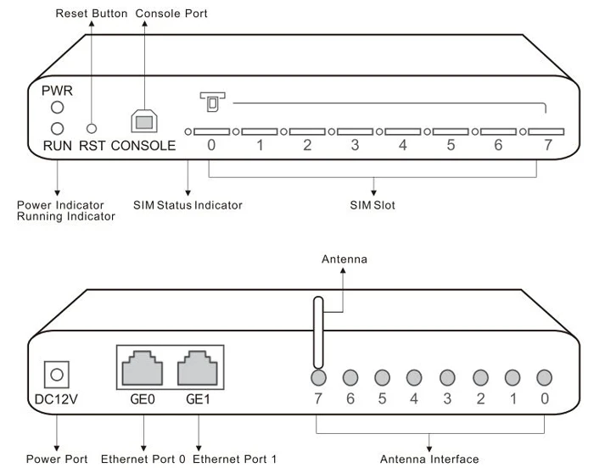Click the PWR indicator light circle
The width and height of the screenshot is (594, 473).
point(58,108)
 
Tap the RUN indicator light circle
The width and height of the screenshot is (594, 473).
point(58,129)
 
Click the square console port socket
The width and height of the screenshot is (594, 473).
point(143,120)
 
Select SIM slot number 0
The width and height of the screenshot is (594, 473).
point(212,133)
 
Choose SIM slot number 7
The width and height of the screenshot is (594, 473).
point(547,133)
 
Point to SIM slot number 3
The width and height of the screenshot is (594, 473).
point(356,133)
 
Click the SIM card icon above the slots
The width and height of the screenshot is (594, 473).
point(210,101)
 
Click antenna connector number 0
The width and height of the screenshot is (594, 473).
point(544,377)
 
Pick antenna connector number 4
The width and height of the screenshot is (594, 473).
point(414,377)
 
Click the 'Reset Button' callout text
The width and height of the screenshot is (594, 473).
point(91,14)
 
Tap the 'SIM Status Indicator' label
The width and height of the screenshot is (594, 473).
point(188,205)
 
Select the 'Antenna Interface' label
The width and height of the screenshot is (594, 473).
point(429,459)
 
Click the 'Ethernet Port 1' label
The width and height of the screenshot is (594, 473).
point(235,459)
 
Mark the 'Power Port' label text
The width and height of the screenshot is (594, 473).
point(57,459)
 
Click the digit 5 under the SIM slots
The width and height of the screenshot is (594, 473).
point(452,145)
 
